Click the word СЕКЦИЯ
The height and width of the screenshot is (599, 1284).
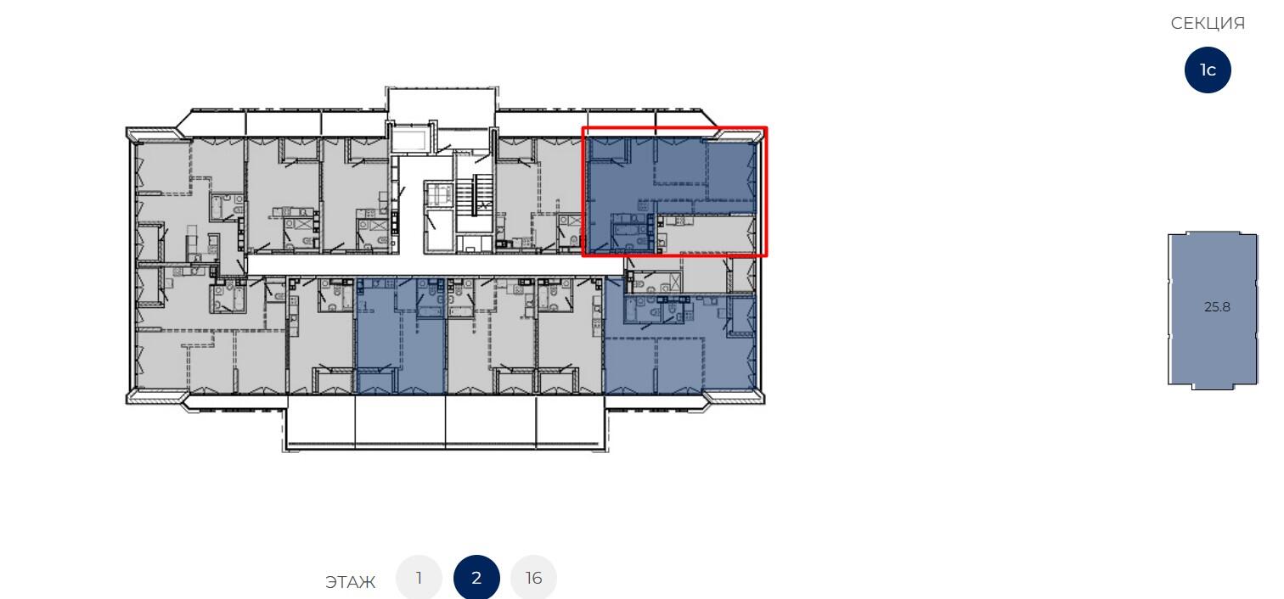(x=1208, y=24)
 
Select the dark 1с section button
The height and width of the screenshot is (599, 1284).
(x=1208, y=70)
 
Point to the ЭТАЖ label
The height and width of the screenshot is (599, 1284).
(x=350, y=582)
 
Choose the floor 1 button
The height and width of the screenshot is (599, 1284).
(x=419, y=578)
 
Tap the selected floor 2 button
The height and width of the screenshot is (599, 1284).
(x=476, y=578)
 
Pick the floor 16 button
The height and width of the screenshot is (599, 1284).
(x=533, y=578)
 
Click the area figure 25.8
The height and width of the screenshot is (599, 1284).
(x=1217, y=307)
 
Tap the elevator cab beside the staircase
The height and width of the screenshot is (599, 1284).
(x=438, y=194)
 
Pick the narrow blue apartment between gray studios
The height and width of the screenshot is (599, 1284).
(x=400, y=335)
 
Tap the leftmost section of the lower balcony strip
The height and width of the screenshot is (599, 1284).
(x=320, y=422)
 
